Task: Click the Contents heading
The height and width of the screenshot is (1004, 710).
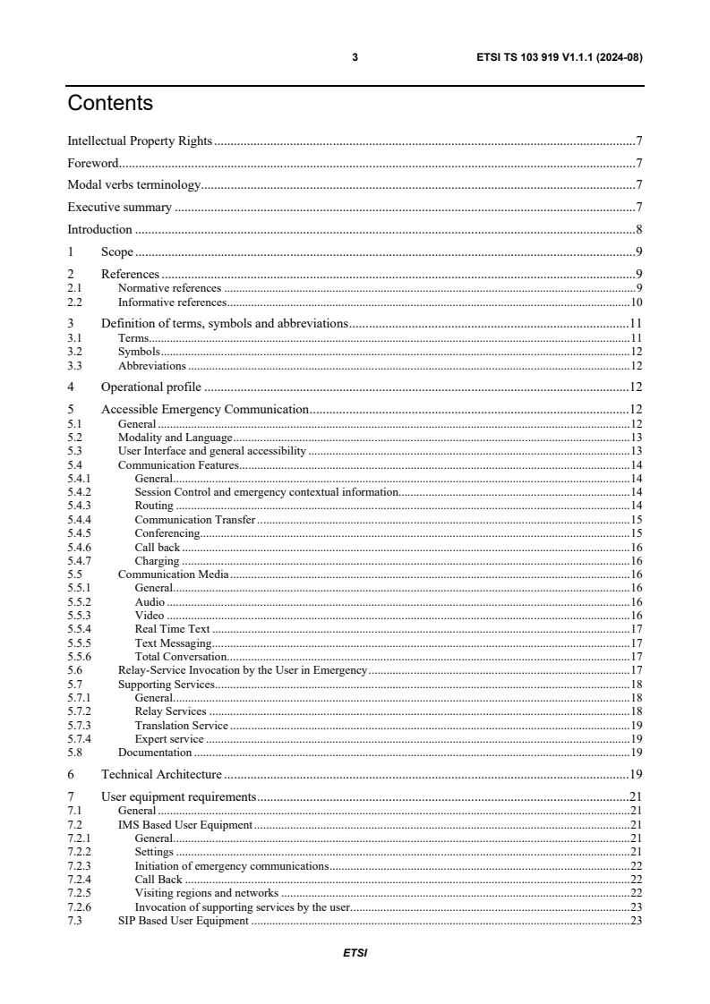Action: (110, 104)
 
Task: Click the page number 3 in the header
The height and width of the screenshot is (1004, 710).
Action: (355, 57)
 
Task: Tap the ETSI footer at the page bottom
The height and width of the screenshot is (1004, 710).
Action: (355, 953)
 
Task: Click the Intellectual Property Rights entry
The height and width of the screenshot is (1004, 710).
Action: (140, 141)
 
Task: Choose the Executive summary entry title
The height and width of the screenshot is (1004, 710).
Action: (120, 208)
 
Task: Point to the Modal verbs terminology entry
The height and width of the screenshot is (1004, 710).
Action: (133, 185)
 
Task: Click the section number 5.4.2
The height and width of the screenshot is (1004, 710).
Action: (79, 492)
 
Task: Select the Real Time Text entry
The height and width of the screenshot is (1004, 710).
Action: (172, 629)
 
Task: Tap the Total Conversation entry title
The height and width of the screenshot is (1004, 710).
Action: (180, 656)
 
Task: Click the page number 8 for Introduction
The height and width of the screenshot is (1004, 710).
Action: (638, 229)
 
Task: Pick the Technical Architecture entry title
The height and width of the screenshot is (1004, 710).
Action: (161, 773)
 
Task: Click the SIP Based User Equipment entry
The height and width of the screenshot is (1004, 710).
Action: (183, 922)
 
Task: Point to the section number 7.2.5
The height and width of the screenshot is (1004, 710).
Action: (79, 893)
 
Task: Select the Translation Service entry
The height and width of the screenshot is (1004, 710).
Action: (181, 725)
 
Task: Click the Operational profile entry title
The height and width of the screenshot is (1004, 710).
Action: (150, 387)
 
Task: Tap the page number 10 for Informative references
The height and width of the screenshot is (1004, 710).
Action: (636, 302)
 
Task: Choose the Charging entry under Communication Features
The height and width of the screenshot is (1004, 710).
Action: (157, 561)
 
